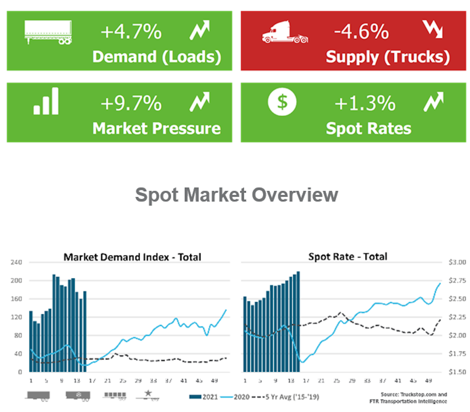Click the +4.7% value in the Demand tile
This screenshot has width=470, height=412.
131,32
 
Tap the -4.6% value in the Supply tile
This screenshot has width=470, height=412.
361,32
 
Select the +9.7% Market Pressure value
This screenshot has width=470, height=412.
131,103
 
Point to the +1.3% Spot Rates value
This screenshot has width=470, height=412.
365,103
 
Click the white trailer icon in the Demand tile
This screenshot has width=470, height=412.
48,32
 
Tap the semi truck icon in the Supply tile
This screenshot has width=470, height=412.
285,32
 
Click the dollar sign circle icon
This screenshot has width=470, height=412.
282,102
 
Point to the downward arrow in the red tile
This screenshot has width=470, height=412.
432,29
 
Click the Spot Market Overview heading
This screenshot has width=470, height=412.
236,195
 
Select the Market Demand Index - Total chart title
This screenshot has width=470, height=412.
132,257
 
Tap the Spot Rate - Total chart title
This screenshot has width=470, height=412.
348,257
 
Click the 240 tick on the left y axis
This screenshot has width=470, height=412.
16,262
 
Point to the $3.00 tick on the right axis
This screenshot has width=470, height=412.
457,262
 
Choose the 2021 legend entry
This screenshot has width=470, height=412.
204,397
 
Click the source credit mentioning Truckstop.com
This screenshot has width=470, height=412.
408,398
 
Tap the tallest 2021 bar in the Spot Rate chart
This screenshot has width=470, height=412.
298,321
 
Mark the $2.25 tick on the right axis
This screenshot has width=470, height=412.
457,317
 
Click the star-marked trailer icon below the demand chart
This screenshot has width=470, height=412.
148,395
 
